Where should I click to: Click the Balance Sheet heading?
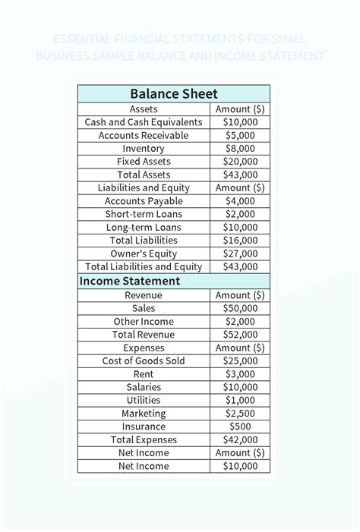click(174, 94)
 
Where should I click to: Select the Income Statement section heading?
click(131, 281)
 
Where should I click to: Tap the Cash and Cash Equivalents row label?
click(144, 122)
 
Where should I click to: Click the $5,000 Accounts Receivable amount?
click(240, 135)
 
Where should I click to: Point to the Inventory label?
click(144, 149)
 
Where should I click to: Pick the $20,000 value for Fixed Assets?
click(240, 162)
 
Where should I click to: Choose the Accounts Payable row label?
click(144, 201)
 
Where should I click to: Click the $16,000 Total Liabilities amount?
click(240, 241)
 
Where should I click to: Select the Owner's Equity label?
click(144, 253)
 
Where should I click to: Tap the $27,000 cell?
click(240, 253)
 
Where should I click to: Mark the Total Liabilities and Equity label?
click(144, 266)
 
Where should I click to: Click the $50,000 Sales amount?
click(240, 308)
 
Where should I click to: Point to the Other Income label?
click(144, 322)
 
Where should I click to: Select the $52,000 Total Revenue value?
click(240, 335)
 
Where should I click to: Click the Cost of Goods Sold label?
click(144, 361)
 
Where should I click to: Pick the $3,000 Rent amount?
click(240, 374)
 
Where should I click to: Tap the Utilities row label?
click(144, 400)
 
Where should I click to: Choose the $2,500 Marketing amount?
click(240, 414)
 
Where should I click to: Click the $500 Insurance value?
click(240, 427)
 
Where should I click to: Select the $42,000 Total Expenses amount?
click(240, 439)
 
